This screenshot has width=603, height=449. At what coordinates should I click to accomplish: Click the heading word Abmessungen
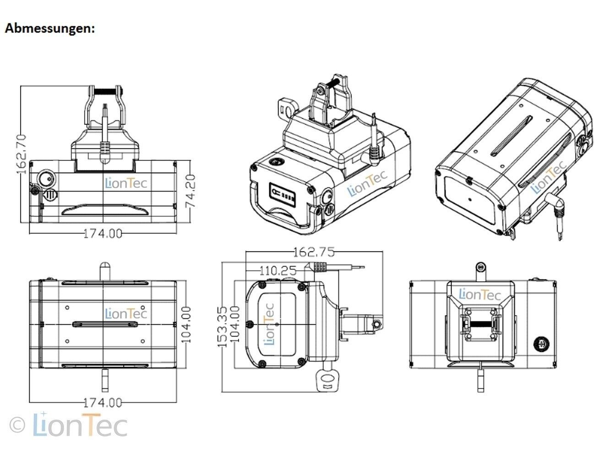49,28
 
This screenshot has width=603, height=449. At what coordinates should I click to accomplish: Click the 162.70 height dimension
22,154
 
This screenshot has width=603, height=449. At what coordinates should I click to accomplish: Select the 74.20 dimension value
191,191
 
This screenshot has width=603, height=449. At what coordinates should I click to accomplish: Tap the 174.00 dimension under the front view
103,233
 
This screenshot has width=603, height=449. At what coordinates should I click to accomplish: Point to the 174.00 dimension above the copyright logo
103,403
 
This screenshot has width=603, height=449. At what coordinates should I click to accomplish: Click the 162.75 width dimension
314,252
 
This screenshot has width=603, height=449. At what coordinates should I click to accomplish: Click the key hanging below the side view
326,378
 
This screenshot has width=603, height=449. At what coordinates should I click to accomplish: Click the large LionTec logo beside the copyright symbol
80,425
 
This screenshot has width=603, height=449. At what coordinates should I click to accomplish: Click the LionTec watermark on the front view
126,183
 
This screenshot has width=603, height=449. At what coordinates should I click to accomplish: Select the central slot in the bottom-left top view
105,324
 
